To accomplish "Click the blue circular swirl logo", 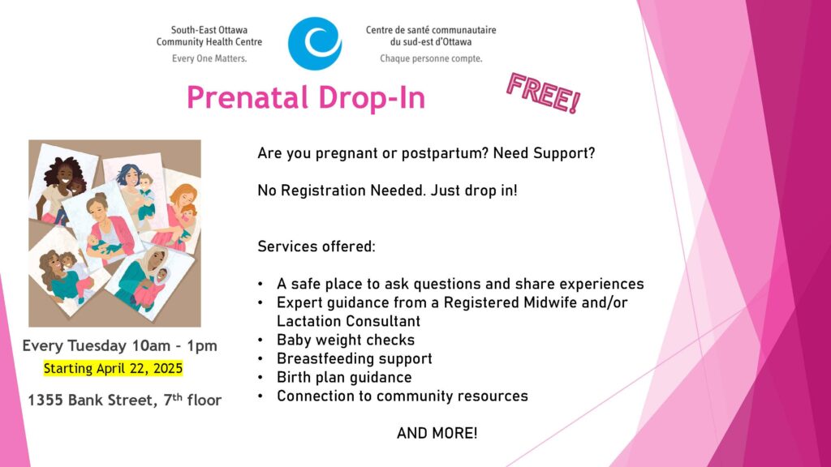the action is pos(315,44).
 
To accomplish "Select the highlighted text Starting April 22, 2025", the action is pos(113,369).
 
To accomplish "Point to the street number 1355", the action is pos(45,401).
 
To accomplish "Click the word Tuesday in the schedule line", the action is pos(97,346).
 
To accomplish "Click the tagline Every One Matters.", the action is pos(209,58).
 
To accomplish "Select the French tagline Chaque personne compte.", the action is pos(431,58).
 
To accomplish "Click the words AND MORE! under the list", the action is pos(437,433).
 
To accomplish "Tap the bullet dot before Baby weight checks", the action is pos(260,341).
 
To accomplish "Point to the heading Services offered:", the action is pos(316,246).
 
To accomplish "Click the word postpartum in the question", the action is pos(445,153).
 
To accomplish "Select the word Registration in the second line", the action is pos(323,191).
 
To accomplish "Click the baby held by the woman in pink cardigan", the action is pos(101,245).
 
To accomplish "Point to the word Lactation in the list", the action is pos(311,321).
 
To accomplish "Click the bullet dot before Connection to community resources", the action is pos(260,396).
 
